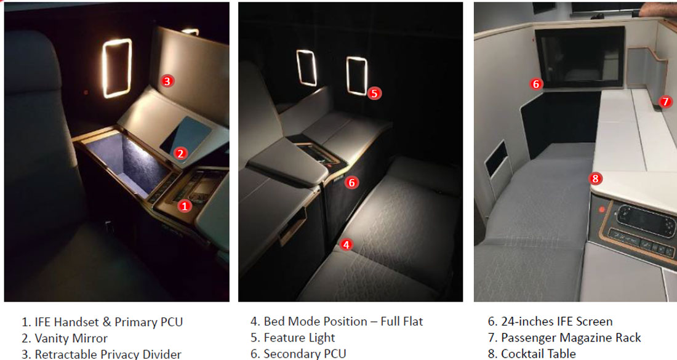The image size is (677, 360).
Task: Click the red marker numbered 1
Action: tap(185, 206)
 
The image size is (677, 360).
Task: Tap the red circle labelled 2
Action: tap(180, 153)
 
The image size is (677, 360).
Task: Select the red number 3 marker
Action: tap(167, 81)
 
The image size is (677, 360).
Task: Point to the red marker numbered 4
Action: tap(346, 245)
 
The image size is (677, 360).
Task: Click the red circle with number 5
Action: tap(374, 94)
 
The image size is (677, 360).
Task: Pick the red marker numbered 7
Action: tap(665, 102)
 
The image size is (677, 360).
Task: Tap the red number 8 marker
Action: tap(596, 178)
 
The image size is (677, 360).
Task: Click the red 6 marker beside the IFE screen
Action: tap(536, 84)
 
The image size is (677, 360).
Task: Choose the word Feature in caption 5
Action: tap(281, 338)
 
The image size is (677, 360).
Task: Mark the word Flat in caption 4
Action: tap(412, 322)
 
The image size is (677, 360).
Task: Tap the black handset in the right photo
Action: tap(641, 220)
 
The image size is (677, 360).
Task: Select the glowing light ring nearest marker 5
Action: tap(357, 76)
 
